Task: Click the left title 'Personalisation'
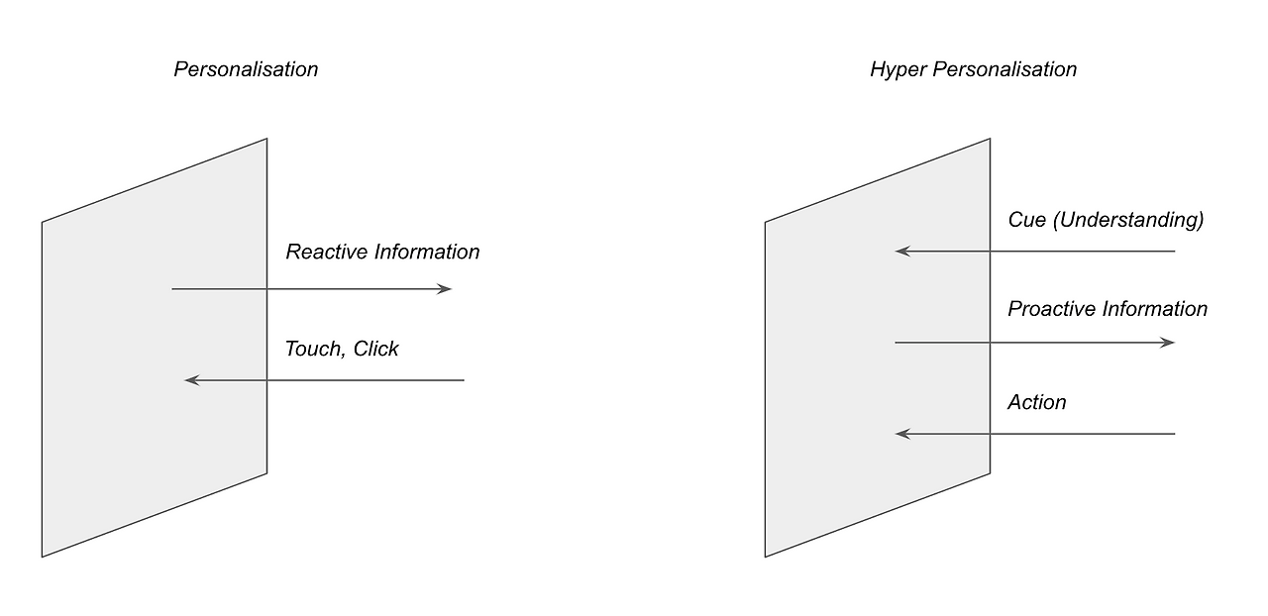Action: click(246, 69)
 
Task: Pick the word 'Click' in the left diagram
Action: click(375, 349)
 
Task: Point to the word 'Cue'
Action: click(1027, 220)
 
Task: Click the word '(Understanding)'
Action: click(1128, 220)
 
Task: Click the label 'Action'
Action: click(1037, 402)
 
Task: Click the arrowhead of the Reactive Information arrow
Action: click(445, 289)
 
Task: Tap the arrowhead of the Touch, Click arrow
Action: click(192, 380)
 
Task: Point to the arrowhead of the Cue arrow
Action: click(902, 251)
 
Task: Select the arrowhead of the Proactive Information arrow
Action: click(1168, 343)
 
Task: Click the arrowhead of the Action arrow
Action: click(902, 434)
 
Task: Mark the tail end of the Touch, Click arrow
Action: click(465, 380)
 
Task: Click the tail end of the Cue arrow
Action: click(1175, 251)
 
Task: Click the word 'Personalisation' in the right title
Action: click(1004, 69)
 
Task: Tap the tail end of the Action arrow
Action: click(1175, 434)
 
